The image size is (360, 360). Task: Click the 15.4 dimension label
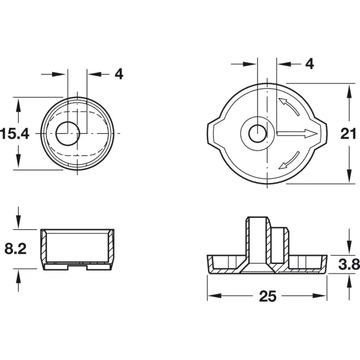tap(14, 134)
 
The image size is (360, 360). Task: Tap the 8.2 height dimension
tap(16, 248)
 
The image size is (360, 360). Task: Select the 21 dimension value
tap(348, 134)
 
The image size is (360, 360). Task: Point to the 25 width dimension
tap(268, 296)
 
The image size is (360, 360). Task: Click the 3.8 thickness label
tap(349, 264)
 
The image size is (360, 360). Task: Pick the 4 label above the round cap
tap(119, 74)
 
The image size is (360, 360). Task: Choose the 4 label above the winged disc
tap(310, 64)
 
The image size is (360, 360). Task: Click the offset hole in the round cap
tap(68, 133)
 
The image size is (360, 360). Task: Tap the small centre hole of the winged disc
tap(258, 134)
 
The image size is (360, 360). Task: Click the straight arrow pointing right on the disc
tap(298, 133)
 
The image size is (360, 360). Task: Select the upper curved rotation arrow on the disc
tap(289, 107)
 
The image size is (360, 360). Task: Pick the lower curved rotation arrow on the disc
tap(289, 160)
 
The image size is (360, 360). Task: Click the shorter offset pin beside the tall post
tap(280, 245)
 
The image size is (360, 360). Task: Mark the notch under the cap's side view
tap(77, 267)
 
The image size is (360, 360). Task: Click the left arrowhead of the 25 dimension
tap(214, 296)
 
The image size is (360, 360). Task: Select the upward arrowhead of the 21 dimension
tap(349, 92)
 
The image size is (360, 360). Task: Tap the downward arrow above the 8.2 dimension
tap(19, 218)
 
